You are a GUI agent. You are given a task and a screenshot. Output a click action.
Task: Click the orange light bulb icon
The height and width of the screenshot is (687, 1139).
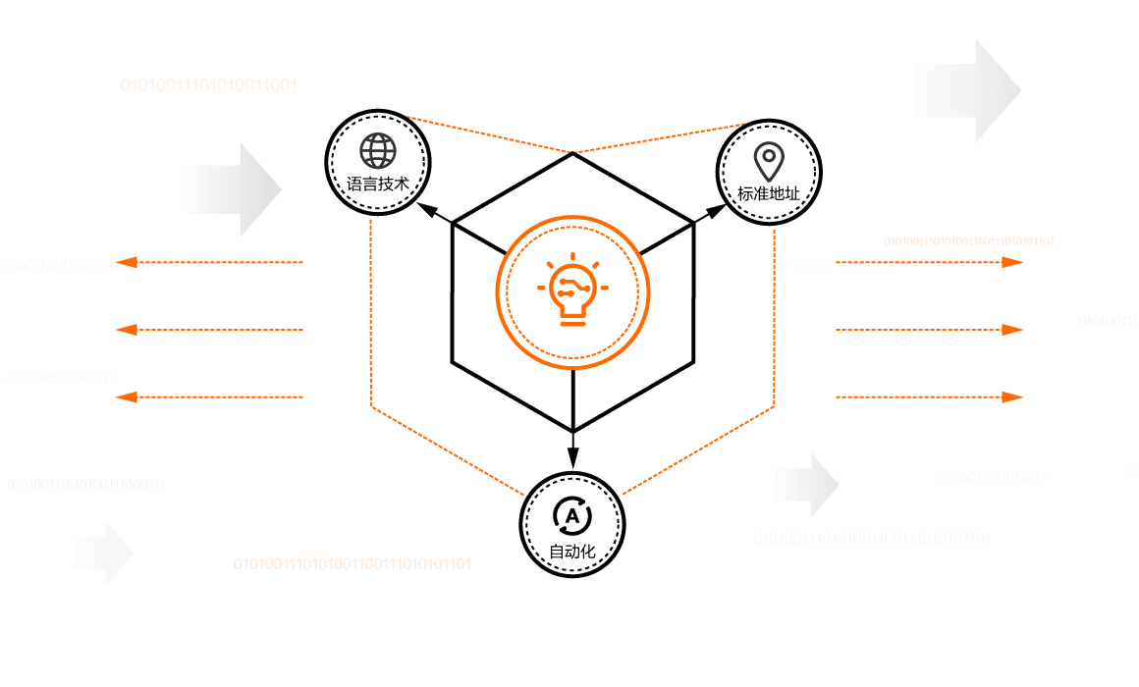[x=572, y=291]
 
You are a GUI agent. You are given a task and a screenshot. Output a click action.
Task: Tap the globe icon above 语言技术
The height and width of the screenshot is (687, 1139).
[x=378, y=151]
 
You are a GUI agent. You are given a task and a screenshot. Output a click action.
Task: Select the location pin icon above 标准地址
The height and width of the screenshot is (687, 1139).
[x=769, y=158]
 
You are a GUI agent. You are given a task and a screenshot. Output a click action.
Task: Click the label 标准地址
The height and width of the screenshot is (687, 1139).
[x=769, y=192]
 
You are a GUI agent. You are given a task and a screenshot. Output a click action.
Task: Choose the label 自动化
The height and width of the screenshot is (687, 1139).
[x=572, y=552]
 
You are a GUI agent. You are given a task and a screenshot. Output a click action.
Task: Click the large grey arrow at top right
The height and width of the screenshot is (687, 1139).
[x=968, y=90]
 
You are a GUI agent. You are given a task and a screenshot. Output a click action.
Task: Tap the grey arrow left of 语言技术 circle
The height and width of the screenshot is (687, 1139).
[x=234, y=189]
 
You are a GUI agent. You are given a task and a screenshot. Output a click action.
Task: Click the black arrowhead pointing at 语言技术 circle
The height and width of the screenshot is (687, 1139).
[x=425, y=209]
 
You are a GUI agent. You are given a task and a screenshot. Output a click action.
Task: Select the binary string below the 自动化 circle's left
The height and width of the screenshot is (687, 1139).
[x=352, y=563]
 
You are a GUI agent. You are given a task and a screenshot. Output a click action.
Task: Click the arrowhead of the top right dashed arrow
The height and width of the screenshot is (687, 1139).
[x=1012, y=262]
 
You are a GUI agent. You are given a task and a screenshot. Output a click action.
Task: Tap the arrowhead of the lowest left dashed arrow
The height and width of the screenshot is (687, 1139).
[x=125, y=396]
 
